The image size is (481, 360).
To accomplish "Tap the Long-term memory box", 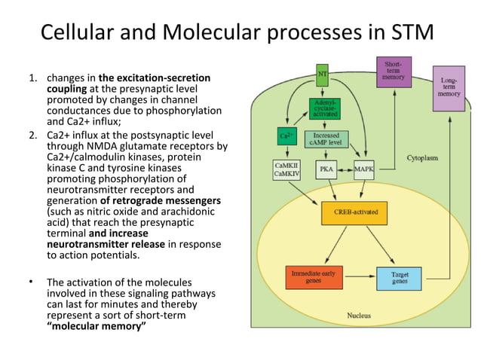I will (x=449, y=89).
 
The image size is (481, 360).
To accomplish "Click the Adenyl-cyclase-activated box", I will (x=324, y=109).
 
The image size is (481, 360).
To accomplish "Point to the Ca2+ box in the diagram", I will (x=286, y=138).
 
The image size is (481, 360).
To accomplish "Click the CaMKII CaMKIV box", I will (x=286, y=170).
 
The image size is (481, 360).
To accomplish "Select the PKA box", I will (x=326, y=169).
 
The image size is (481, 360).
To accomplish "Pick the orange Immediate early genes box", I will (x=314, y=278).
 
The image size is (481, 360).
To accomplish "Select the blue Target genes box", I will (x=399, y=278).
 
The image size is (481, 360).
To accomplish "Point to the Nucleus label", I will (x=358, y=315).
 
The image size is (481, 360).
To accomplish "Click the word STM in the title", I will (x=413, y=33).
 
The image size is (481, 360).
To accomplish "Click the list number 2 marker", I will (x=32, y=136).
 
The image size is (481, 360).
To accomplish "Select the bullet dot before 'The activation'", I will (x=31, y=282).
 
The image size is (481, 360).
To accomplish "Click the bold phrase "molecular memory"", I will (x=97, y=328).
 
